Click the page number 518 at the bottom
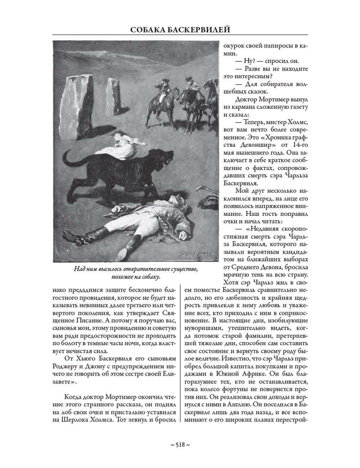(180, 445)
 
